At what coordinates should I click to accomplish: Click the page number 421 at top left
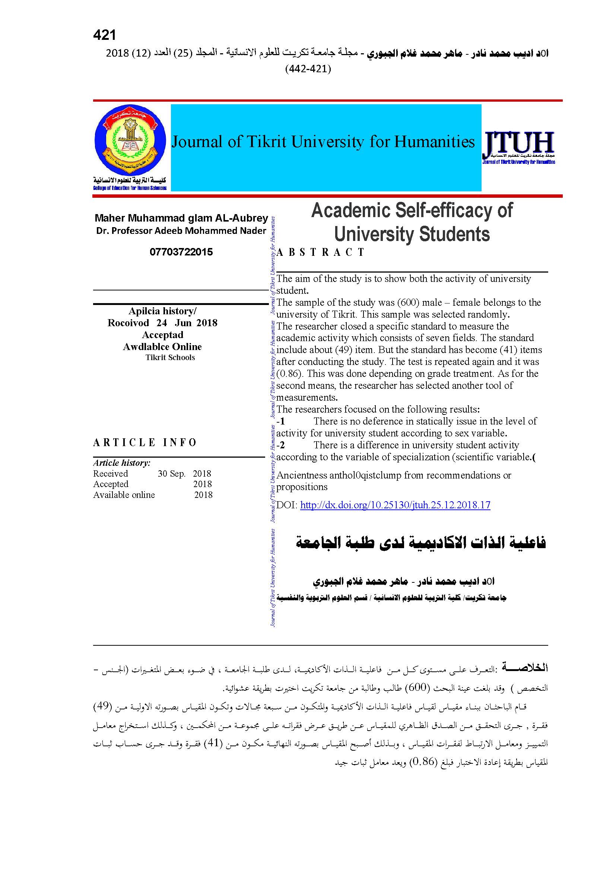tap(104, 35)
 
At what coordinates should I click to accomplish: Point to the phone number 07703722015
tap(181, 252)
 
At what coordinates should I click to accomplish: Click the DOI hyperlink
tap(395, 505)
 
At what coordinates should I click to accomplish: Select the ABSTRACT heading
tap(321, 252)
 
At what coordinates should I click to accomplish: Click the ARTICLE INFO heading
tap(145, 442)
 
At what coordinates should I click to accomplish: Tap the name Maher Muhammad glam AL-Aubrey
tap(181, 218)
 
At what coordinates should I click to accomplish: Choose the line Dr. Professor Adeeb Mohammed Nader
tap(181, 231)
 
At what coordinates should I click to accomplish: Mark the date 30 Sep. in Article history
tap(171, 473)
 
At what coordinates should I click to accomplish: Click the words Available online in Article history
tap(124, 495)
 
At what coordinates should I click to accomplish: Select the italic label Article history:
tap(122, 463)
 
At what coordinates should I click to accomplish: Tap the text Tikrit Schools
tap(170, 357)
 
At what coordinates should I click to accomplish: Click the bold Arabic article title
tap(420, 543)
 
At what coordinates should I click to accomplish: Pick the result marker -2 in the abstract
tap(281, 445)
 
